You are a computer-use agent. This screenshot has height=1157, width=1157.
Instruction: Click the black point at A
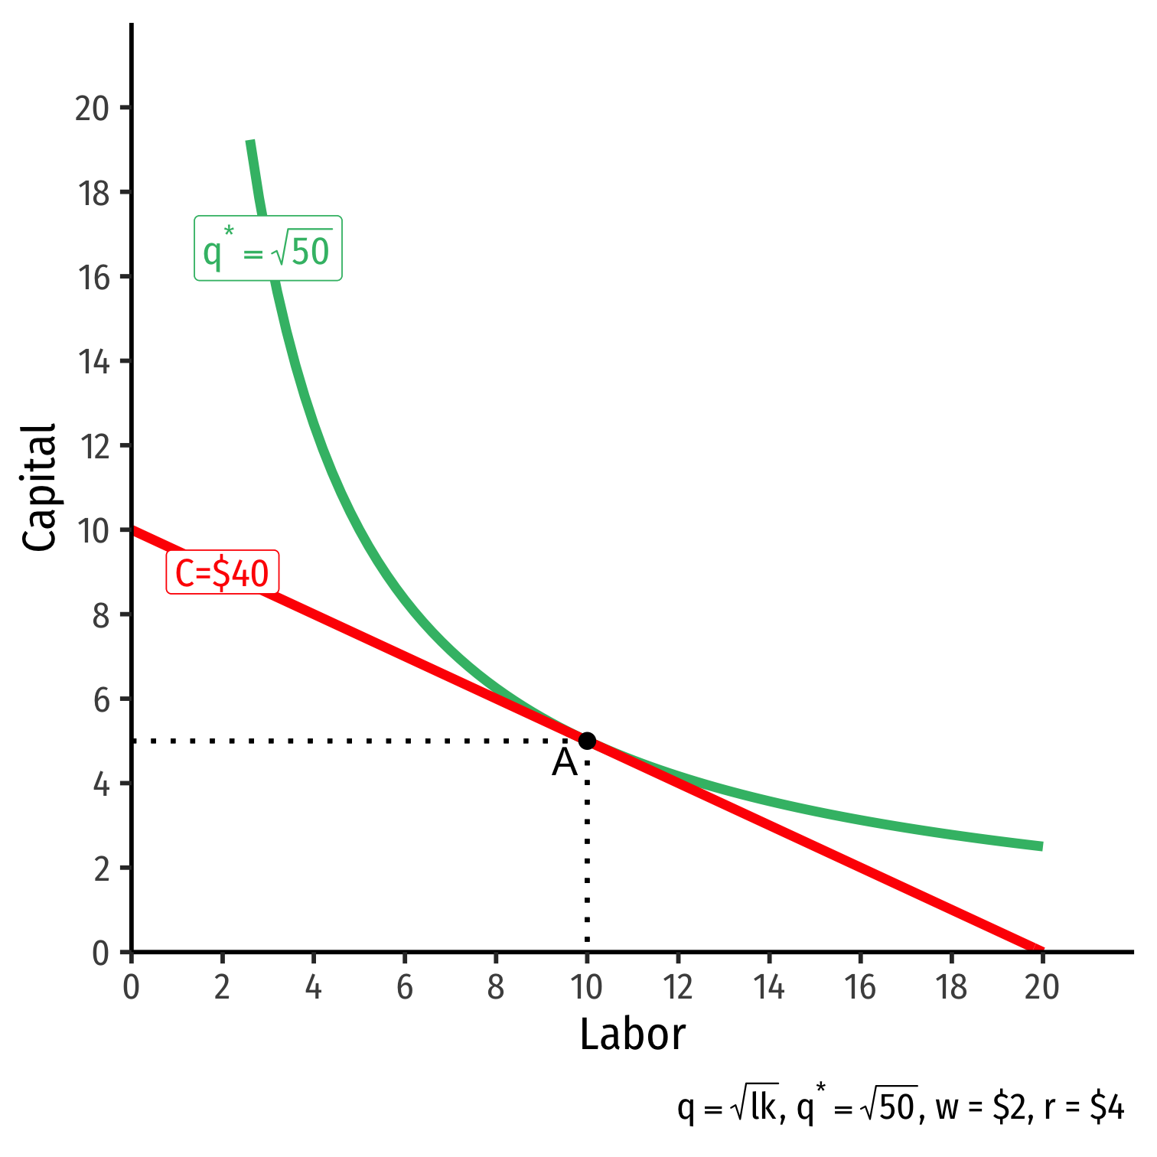click(587, 741)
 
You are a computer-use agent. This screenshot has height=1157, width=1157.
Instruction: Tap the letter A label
click(565, 763)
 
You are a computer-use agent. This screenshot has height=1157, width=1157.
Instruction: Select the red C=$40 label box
click(222, 572)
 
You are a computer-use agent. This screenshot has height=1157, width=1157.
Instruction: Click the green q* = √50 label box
click(268, 249)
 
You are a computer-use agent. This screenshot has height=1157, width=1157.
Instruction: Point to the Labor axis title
click(632, 1035)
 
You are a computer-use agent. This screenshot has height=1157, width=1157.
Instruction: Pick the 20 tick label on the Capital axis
click(92, 109)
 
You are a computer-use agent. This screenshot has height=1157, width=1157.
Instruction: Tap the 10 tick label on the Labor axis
click(587, 988)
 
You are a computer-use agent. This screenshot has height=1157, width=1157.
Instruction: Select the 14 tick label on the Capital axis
click(93, 362)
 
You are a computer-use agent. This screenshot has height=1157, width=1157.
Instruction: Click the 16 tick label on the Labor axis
click(860, 988)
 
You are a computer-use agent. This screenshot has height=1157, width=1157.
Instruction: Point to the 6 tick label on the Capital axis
click(102, 700)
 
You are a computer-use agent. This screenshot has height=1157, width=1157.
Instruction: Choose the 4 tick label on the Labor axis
click(313, 988)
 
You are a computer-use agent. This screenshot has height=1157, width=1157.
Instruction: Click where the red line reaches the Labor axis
click(1041, 950)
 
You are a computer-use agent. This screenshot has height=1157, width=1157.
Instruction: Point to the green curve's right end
click(1041, 846)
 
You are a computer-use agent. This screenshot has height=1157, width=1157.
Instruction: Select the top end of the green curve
click(250, 142)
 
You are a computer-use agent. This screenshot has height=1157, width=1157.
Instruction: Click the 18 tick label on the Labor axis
click(951, 988)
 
